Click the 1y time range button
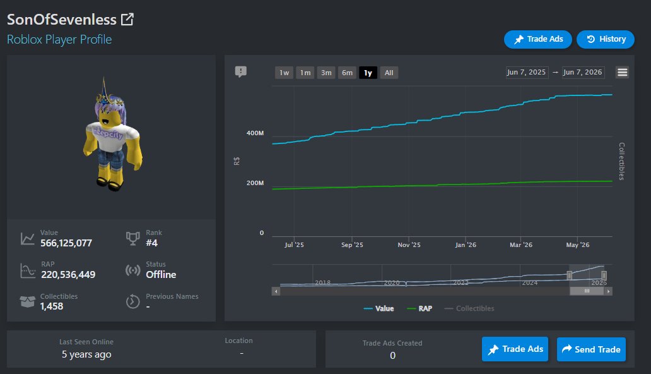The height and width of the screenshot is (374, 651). (368, 73)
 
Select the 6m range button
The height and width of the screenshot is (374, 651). (347, 73)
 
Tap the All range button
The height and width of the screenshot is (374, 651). (389, 73)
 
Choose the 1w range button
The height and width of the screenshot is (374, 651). (284, 73)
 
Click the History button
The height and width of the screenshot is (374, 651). (606, 39)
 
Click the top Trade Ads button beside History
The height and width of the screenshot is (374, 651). (537, 39)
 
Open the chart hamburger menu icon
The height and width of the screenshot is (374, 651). (622, 73)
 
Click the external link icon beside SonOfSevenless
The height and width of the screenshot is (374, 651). (127, 19)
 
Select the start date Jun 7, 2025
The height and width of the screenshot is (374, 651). (527, 72)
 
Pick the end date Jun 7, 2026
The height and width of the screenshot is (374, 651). (583, 72)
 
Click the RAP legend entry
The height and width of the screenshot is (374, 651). (419, 308)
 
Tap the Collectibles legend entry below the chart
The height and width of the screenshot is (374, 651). (469, 308)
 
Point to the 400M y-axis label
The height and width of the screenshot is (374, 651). (255, 133)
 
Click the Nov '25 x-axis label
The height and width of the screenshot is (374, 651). (409, 245)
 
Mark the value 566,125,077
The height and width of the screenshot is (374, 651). (66, 243)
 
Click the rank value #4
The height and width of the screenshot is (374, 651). (151, 243)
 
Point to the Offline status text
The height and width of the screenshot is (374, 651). (161, 275)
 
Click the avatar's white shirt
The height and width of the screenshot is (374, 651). (111, 136)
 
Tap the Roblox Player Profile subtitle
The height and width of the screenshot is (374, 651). (59, 40)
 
